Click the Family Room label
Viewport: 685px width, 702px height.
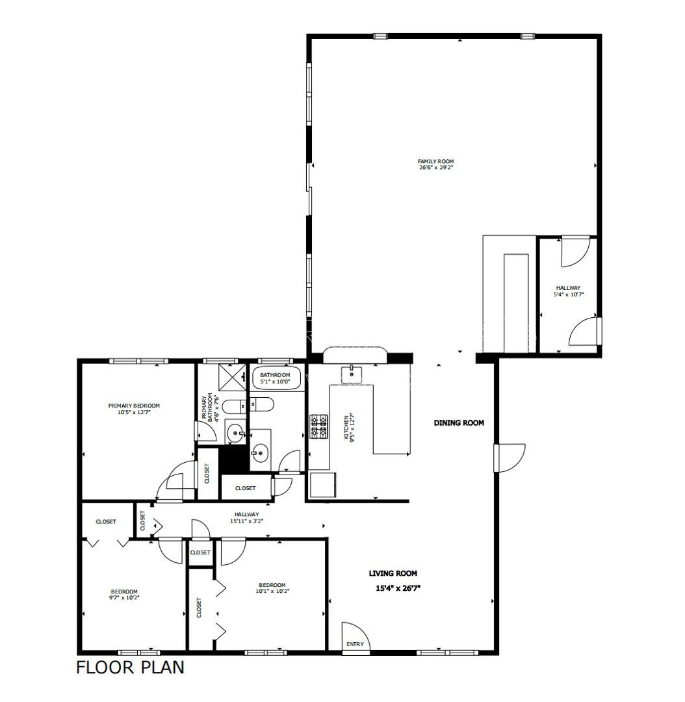pos(435,161)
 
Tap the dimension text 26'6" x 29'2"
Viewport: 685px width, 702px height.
pos(435,168)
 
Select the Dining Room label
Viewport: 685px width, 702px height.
pos(459,422)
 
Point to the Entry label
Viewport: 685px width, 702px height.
pos(355,644)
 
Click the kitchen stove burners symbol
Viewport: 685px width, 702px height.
pos(319,426)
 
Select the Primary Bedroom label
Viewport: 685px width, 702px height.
pos(134,406)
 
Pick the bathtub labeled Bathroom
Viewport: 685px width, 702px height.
pos(275,378)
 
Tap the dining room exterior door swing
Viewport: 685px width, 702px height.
pos(510,458)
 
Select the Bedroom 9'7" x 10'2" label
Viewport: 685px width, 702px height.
pos(125,594)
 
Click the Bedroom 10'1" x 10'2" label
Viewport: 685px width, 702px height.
pos(272,588)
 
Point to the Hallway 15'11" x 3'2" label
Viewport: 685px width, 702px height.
pos(247,517)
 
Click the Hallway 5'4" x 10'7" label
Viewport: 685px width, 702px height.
pos(569,291)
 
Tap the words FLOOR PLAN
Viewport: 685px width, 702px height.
pos(130,667)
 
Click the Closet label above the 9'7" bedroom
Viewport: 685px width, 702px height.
pos(106,521)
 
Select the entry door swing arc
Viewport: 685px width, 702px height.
pos(356,635)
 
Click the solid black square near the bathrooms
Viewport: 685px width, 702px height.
pos(234,459)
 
